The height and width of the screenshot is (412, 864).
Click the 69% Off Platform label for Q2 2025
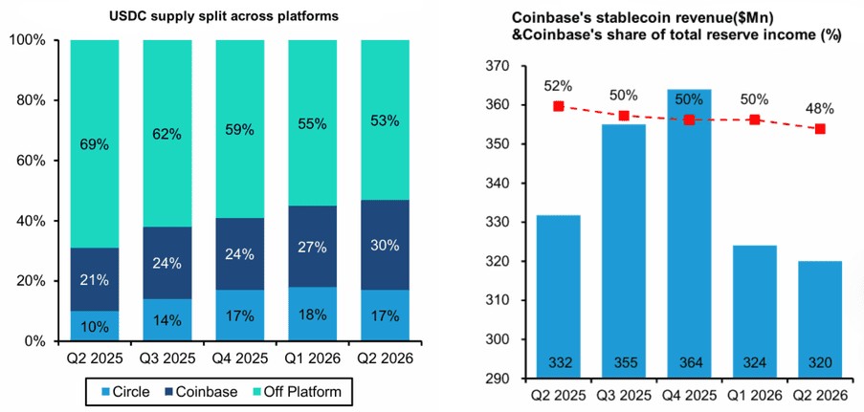pos(94,145)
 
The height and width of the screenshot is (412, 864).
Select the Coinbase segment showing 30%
pos(386,246)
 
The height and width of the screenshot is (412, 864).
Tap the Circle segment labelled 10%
pos(94,326)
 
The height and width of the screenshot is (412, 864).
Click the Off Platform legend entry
pos(301,392)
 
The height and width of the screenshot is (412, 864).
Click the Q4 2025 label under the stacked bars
pos(240,359)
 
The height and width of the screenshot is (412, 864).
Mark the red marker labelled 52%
pos(558,106)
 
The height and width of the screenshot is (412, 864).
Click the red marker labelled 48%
pos(820,128)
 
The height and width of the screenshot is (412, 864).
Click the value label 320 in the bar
pos(820,364)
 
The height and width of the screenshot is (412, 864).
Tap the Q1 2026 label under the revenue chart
pos(755,397)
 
